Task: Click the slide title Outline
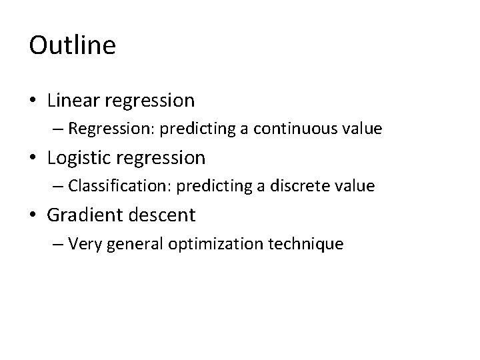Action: [73, 46]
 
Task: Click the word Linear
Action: [71, 101]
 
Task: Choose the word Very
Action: [83, 244]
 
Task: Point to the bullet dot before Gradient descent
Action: [34, 216]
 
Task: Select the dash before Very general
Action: [58, 245]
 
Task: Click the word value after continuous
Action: [362, 129]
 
